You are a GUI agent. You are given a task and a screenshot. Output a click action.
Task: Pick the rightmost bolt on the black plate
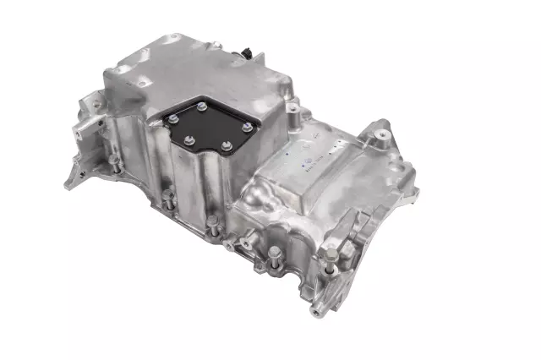click(x=246, y=127)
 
